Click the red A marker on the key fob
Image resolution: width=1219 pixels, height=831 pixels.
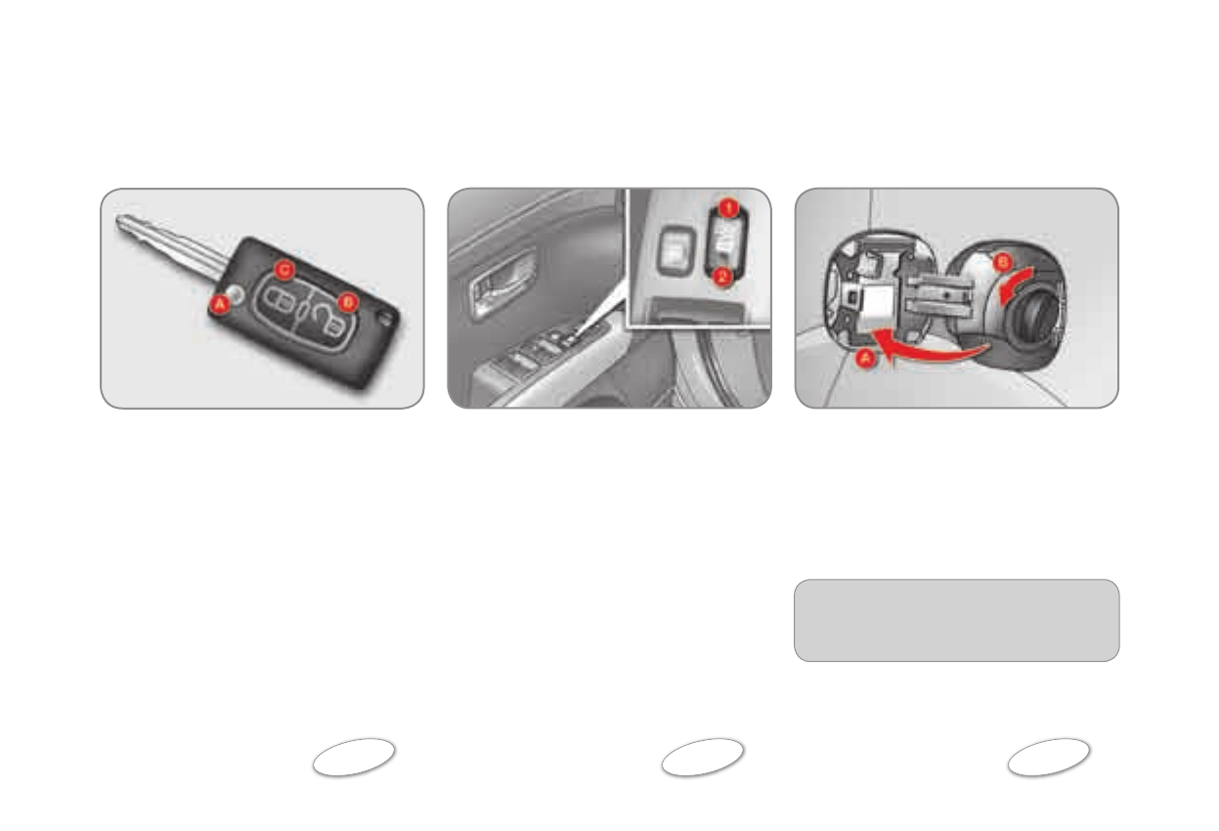[x=219, y=305]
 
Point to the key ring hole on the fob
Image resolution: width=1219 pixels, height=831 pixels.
[x=391, y=316]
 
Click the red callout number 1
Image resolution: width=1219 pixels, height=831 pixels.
[x=724, y=207]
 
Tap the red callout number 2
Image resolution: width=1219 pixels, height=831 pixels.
[x=722, y=277]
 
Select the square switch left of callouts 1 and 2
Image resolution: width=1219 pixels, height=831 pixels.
[x=674, y=245]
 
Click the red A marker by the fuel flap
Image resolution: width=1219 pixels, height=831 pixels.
[x=863, y=359]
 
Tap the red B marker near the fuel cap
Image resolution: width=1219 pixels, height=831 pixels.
[x=999, y=262]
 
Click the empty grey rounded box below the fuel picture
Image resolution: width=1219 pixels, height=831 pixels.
[x=956, y=620]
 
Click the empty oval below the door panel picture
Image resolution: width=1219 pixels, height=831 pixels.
[x=702, y=758]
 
